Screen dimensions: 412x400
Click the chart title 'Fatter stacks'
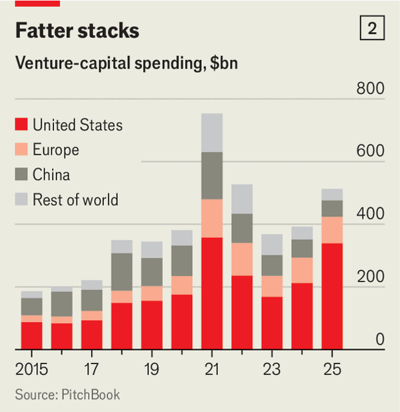[x=77, y=31]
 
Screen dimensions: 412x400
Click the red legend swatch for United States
[x=22, y=124]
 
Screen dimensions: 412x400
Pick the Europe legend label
[x=56, y=149]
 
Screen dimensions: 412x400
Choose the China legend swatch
[x=22, y=175]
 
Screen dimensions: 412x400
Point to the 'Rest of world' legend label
[x=75, y=199]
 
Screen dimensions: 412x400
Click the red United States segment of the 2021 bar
[x=212, y=293]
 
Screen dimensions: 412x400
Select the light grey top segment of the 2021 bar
[x=212, y=132]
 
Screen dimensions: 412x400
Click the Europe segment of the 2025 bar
[x=332, y=230]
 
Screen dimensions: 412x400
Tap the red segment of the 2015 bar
[x=31, y=335]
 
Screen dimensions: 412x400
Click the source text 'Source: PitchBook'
[x=67, y=395]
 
